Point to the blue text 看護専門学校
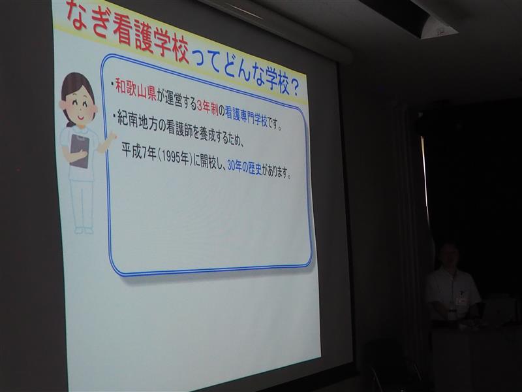(x=247, y=116)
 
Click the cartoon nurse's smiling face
(x=78, y=106)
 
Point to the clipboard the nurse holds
(x=80, y=151)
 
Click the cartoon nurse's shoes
(x=84, y=231)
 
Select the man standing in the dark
(x=452, y=284)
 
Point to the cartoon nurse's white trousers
(x=82, y=204)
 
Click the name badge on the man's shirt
(x=461, y=301)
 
